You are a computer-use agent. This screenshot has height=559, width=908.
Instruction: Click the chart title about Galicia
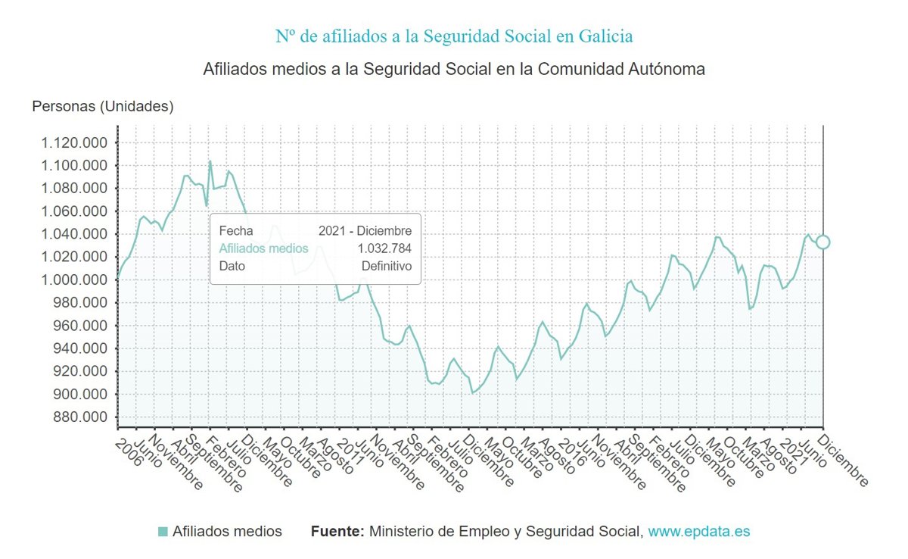point(454,36)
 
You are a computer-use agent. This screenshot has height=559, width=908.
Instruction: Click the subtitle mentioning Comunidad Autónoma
point(454,69)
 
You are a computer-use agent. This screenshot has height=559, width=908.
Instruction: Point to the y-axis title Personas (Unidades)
point(103,107)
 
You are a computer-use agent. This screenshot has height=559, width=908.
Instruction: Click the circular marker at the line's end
point(823,242)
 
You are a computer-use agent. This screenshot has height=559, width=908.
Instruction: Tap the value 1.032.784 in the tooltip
point(384,248)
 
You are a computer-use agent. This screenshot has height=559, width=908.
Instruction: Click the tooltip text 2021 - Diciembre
point(365,231)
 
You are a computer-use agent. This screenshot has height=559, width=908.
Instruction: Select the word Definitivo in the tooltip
point(386,267)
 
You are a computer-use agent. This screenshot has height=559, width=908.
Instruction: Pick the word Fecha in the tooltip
point(236,231)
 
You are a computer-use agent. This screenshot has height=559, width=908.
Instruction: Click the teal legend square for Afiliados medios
point(163,532)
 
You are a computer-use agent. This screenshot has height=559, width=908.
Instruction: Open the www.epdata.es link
point(699,532)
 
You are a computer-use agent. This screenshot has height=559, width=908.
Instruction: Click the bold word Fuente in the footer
point(337,532)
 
